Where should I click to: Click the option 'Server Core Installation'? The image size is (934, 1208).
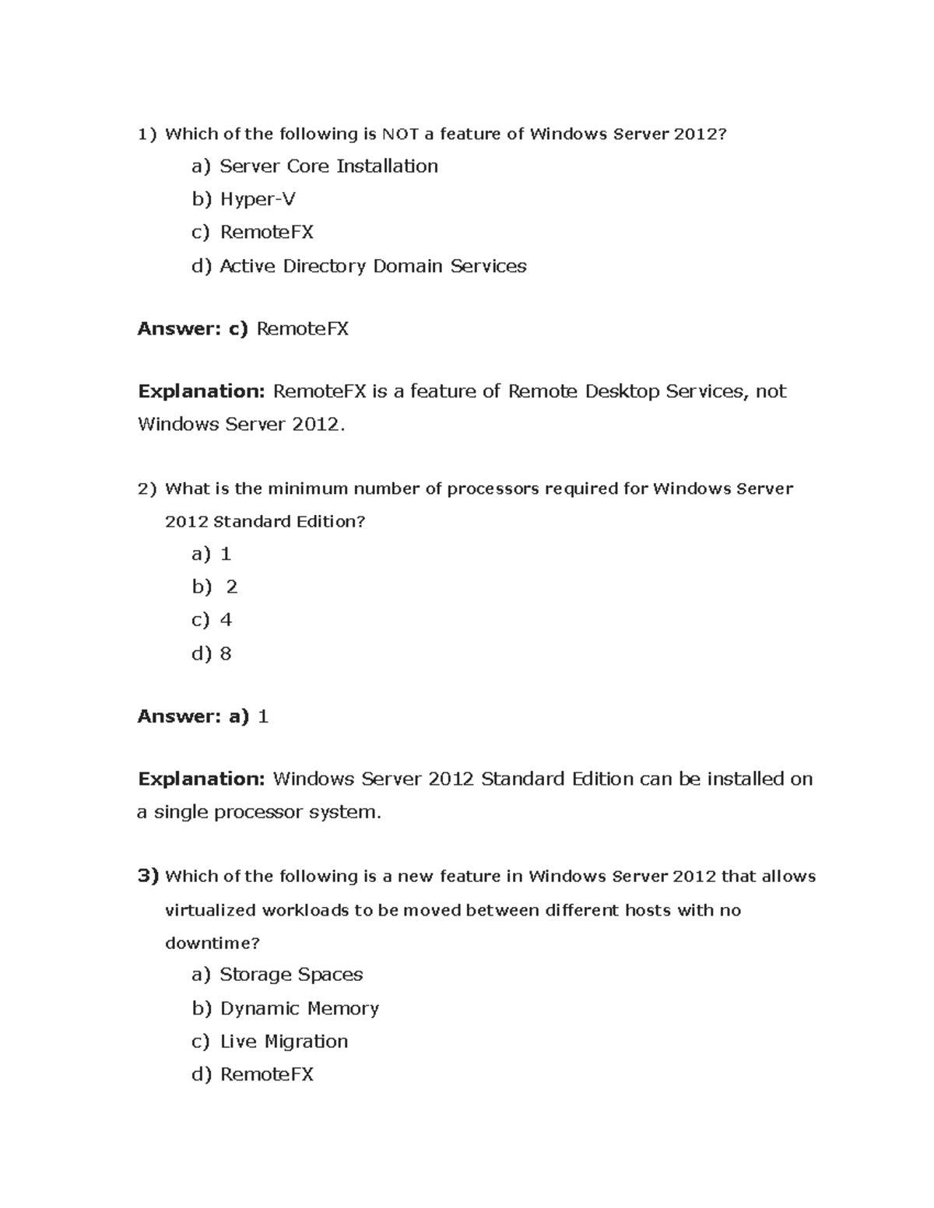(x=328, y=166)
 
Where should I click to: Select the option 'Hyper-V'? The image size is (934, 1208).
(x=257, y=200)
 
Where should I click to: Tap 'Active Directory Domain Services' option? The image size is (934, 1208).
(x=372, y=266)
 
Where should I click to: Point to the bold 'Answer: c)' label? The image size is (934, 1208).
(x=192, y=329)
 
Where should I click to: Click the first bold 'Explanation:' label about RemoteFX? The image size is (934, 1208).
(x=202, y=391)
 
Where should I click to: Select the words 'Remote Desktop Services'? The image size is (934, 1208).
(x=625, y=391)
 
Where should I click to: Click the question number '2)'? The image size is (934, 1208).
(x=147, y=489)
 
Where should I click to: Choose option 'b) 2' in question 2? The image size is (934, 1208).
(x=215, y=586)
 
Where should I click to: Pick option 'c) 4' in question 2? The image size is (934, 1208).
(x=212, y=620)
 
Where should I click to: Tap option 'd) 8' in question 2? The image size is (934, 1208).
(x=212, y=653)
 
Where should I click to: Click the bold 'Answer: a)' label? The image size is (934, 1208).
(x=192, y=716)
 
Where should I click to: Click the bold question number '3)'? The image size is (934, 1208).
(x=148, y=877)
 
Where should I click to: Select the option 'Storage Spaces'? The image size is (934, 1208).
(x=290, y=975)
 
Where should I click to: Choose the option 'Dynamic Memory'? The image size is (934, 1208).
(x=299, y=1009)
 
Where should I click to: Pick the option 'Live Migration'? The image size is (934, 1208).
(x=283, y=1042)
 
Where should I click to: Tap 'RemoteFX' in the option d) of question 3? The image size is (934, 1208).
(x=266, y=1075)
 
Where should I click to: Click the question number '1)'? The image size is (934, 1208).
(x=147, y=135)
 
